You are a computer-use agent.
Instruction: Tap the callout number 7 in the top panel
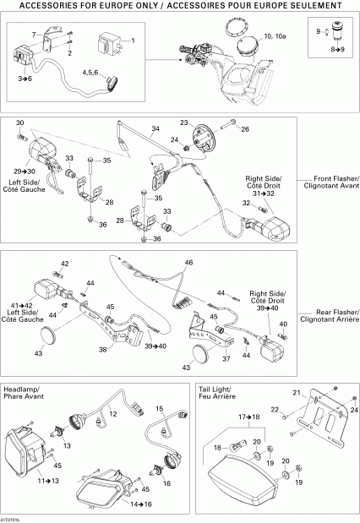[35, 33]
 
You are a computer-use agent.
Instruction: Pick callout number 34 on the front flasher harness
[155, 129]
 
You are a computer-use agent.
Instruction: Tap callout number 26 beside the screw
[246, 128]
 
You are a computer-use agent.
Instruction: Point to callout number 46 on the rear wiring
[188, 263]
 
